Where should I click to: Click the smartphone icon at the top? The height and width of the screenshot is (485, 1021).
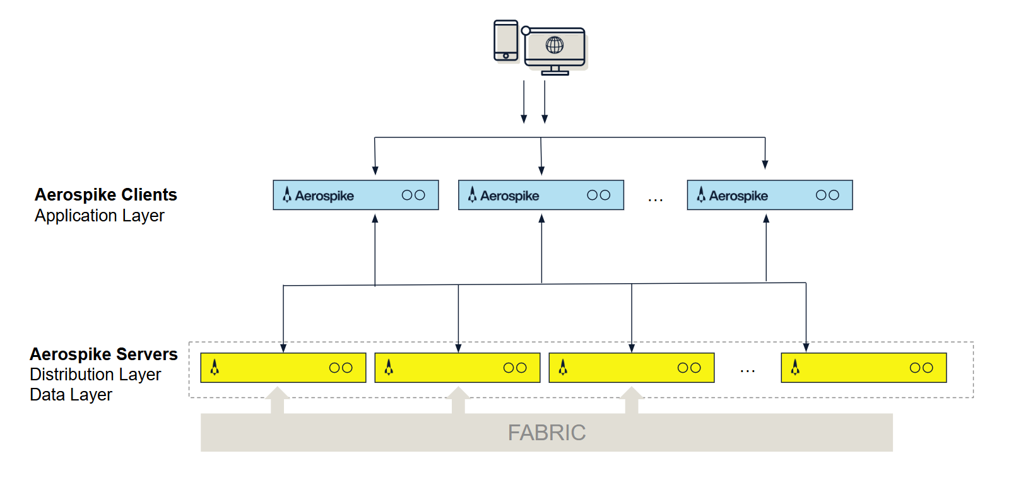point(505,40)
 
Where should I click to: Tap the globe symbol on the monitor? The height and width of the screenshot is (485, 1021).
point(555,45)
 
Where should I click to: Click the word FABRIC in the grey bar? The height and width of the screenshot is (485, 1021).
point(546,433)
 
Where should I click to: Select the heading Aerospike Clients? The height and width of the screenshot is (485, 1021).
point(105,194)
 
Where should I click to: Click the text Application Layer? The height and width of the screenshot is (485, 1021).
point(99,216)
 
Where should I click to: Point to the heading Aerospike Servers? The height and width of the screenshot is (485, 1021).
point(103,354)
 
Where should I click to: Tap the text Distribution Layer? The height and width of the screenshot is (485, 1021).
point(95,375)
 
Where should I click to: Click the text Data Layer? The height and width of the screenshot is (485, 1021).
point(71,395)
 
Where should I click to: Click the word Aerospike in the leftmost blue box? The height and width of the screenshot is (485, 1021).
point(324,196)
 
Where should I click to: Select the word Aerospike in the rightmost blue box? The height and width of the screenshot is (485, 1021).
point(738,196)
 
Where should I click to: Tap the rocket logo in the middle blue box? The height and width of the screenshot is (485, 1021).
point(472,195)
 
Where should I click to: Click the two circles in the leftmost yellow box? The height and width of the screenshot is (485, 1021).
point(341,368)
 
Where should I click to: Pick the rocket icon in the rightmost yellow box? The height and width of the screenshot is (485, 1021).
point(795,367)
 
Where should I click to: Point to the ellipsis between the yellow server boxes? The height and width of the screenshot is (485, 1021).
point(747,371)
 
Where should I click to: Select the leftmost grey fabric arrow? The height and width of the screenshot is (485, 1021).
point(277,400)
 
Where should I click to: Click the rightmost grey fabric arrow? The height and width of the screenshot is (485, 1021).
point(632,400)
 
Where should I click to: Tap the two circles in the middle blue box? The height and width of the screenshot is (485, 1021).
point(598,196)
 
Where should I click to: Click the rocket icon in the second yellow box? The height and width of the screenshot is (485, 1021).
point(389,367)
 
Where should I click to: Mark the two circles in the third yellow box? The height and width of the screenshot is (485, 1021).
point(689,368)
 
